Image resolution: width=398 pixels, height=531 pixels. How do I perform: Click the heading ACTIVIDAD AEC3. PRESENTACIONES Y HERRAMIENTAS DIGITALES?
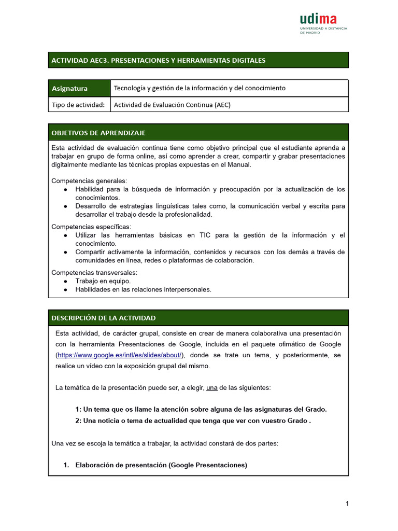click(x=158, y=60)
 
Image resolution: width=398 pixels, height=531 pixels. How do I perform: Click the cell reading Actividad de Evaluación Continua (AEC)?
click(x=172, y=105)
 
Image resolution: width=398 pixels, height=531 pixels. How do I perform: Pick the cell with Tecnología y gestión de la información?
click(x=200, y=88)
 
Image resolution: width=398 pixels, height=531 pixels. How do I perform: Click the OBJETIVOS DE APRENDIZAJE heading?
click(x=98, y=133)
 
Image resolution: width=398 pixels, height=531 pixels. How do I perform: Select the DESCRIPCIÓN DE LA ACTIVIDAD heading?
click(x=104, y=318)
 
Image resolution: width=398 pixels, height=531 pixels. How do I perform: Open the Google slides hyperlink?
click(x=120, y=355)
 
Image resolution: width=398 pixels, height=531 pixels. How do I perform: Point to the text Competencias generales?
click(x=89, y=181)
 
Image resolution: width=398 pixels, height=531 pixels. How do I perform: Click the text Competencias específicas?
click(x=91, y=227)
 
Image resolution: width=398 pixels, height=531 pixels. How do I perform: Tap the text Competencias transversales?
click(x=94, y=272)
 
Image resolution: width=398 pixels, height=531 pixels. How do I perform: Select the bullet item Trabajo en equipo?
click(x=103, y=281)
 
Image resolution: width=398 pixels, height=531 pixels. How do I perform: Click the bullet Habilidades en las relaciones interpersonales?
click(x=143, y=289)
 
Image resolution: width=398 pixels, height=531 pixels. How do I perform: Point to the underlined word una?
click(x=211, y=388)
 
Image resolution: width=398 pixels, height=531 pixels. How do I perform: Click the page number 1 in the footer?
click(x=347, y=504)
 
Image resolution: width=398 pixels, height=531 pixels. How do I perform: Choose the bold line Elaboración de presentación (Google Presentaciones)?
click(x=161, y=465)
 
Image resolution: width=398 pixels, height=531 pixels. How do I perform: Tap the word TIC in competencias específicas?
click(x=205, y=235)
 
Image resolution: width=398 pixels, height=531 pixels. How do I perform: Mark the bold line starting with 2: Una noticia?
click(x=193, y=421)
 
